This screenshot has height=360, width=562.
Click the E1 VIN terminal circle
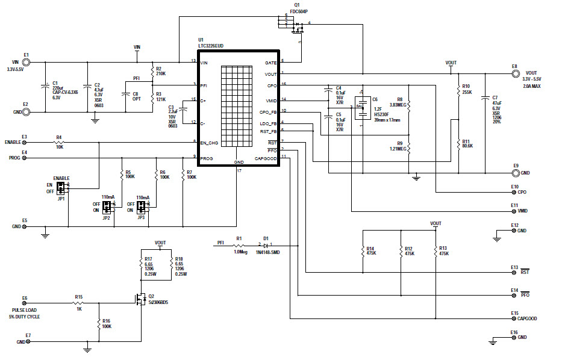point(26,62)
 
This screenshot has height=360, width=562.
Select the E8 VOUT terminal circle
point(514,74)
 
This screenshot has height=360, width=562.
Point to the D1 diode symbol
point(265,246)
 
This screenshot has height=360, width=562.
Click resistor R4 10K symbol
point(59,143)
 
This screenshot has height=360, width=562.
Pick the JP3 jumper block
point(142,207)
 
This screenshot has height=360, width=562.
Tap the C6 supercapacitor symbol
point(363,108)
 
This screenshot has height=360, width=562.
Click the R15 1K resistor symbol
point(78,303)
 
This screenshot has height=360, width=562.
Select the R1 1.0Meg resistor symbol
point(239,246)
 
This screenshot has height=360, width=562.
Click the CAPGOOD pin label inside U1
point(266,158)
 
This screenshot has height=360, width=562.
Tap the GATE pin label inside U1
point(270,63)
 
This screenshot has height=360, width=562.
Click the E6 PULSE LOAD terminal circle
point(25,303)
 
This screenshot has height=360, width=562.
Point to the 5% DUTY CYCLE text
point(25,316)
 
